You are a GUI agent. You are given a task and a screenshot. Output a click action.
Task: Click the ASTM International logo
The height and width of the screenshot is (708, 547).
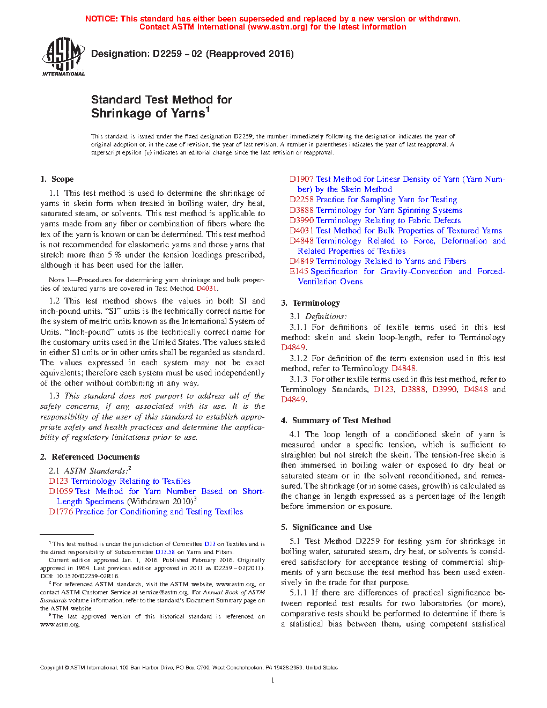[x=63, y=56]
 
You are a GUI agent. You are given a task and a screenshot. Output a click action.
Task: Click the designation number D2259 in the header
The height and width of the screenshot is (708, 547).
[x=166, y=54]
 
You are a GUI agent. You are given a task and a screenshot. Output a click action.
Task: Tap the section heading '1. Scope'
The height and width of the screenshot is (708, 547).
[x=57, y=179]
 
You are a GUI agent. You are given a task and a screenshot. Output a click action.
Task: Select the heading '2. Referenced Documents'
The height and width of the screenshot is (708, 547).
[x=90, y=457]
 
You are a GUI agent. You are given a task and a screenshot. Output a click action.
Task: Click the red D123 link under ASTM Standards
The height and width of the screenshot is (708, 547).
[x=58, y=481]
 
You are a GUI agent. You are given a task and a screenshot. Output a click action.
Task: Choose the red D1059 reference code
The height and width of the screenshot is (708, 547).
[x=61, y=491]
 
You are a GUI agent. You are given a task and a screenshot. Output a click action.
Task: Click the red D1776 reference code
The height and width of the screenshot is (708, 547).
[x=61, y=512]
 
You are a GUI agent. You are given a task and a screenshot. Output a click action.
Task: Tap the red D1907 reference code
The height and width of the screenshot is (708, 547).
[x=301, y=179]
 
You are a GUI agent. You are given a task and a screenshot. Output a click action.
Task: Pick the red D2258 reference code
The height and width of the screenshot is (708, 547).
[x=301, y=200]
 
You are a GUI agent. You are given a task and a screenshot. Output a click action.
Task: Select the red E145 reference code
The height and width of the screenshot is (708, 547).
[x=299, y=271]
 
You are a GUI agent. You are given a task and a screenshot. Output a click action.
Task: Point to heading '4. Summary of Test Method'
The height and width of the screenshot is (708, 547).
[x=336, y=421]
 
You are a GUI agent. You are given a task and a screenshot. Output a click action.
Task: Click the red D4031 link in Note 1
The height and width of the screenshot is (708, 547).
[x=206, y=288]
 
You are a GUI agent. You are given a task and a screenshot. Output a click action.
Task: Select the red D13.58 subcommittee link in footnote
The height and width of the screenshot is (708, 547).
[x=165, y=551]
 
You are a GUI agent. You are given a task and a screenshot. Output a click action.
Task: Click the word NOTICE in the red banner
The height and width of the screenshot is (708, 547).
[x=101, y=19]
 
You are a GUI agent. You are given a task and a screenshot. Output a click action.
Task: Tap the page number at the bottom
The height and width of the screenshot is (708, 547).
[x=273, y=681]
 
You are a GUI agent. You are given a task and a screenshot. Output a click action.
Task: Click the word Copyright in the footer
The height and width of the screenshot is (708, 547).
[x=52, y=668]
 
